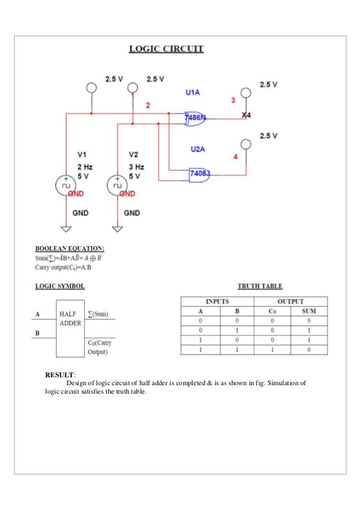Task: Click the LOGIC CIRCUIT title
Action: tap(166, 49)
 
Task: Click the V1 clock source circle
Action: tap(66, 185)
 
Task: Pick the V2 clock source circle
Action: tap(117, 185)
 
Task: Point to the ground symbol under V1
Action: tap(66, 228)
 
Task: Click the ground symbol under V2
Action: tap(117, 228)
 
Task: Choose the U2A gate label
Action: tap(197, 149)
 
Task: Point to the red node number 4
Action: tap(235, 157)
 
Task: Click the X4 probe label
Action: tap(246, 116)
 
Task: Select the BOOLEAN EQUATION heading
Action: tap(69, 249)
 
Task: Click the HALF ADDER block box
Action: tap(70, 328)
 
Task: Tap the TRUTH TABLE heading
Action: tap(260, 286)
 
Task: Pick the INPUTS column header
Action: tap(217, 302)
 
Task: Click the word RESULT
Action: tap(59, 373)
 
